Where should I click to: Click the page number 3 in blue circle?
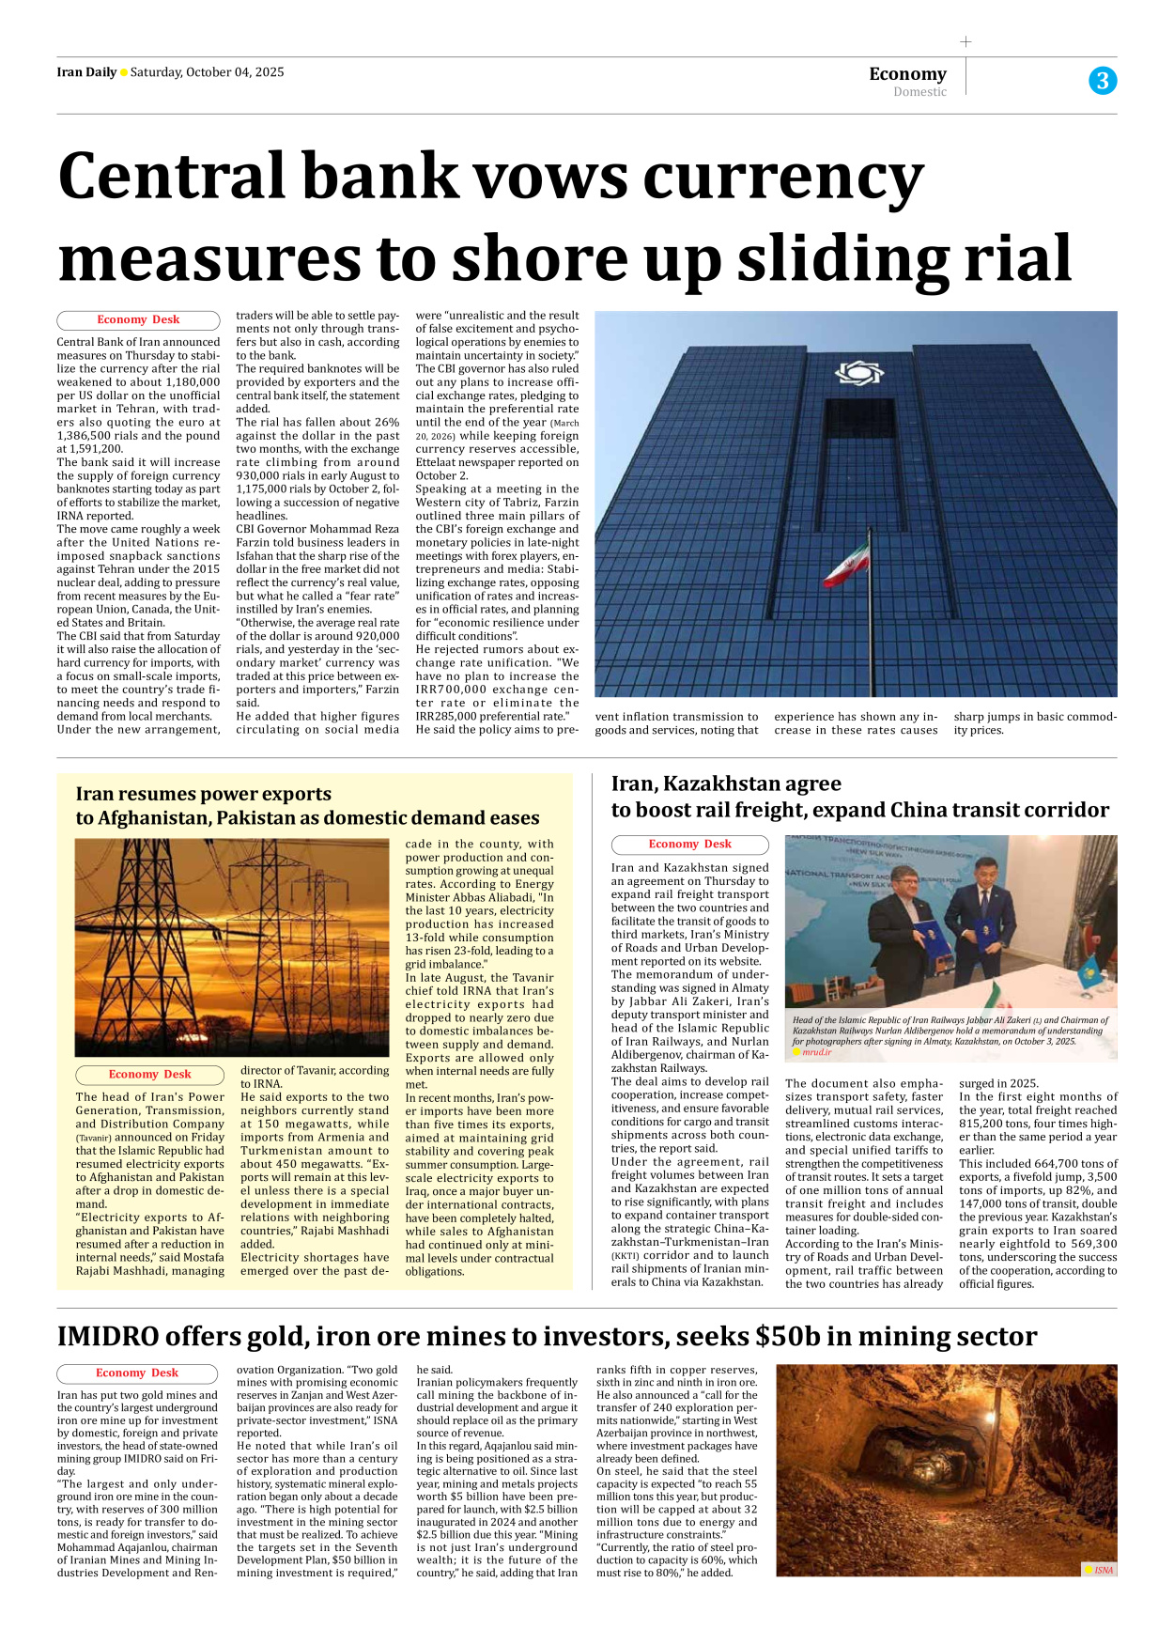[1103, 81]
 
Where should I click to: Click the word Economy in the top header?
[907, 73]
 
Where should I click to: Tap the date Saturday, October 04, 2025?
[207, 72]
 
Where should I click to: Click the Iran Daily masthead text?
[86, 72]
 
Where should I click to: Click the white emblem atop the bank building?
[858, 373]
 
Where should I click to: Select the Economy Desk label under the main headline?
[138, 319]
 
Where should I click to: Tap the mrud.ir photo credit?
[816, 1052]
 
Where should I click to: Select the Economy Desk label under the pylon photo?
[149, 1074]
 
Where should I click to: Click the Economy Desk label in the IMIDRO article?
[137, 1373]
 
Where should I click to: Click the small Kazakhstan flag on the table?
[1090, 968]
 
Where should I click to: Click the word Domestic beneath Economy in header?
[919, 92]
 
